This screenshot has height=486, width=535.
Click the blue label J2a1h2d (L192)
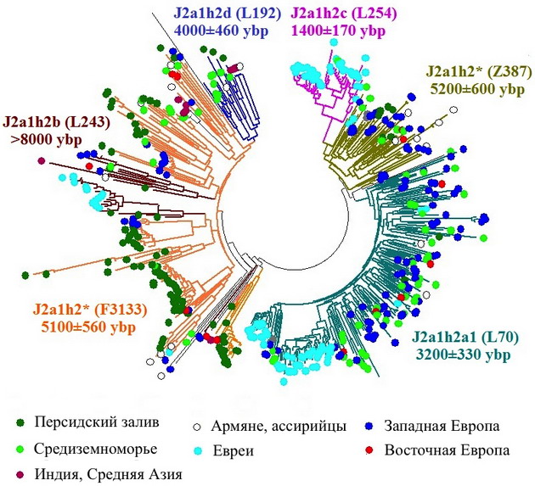(x=228, y=14)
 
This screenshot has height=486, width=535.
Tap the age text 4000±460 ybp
(x=221, y=31)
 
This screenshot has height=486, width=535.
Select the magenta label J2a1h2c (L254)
(x=344, y=14)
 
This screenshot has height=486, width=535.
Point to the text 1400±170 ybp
(x=338, y=31)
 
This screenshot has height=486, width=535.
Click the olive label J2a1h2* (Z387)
(x=478, y=73)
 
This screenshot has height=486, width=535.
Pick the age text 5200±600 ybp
(x=477, y=89)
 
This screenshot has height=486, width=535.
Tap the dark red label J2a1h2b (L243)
(x=56, y=123)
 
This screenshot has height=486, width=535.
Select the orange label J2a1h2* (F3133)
(x=90, y=310)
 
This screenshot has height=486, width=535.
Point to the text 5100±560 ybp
(x=88, y=327)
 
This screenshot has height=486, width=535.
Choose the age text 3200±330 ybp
(x=464, y=355)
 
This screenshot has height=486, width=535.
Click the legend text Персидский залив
(x=97, y=422)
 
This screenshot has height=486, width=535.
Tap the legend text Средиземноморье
(x=95, y=450)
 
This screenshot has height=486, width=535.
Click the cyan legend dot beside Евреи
(x=197, y=451)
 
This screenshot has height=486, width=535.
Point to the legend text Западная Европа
(x=442, y=426)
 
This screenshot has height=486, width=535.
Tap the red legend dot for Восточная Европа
(x=369, y=450)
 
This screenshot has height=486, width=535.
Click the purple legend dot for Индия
(x=20, y=475)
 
